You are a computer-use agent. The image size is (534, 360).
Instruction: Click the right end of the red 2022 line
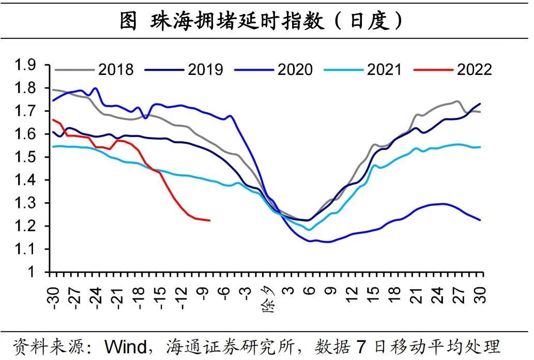[210, 220]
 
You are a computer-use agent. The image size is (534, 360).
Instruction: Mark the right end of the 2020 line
[481, 220]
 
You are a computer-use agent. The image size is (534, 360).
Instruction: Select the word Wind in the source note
[126, 346]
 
